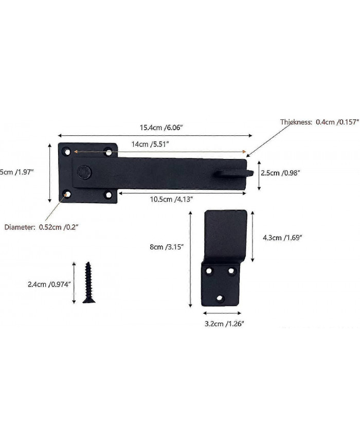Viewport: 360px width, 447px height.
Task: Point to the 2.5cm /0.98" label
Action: pos(280,173)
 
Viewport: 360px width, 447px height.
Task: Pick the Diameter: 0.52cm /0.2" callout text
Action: pos(41,226)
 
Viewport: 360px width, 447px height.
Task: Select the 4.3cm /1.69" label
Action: pos(282,238)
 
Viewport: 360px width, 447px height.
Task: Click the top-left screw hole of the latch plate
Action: pos(66,152)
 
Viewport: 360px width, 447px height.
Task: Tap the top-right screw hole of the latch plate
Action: pos(108,152)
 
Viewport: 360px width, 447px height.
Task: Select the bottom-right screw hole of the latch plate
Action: pos(108,195)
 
